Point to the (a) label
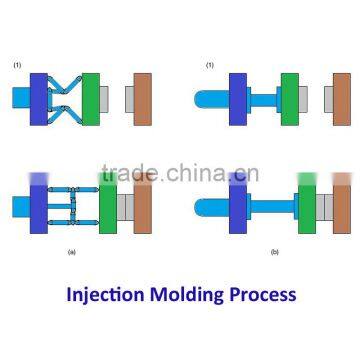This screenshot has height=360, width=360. click(71, 251)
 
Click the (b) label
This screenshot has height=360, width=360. click(274, 251)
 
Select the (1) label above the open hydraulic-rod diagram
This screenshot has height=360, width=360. click(210, 65)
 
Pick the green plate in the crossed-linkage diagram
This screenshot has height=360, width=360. click(90, 98)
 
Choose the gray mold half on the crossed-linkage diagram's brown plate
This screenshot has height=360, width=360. click(129, 98)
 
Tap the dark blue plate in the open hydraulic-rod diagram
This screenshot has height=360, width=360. click(238, 98)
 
